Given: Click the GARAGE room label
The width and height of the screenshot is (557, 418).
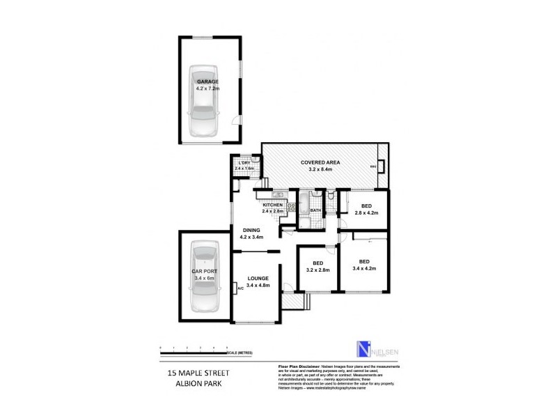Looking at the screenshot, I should [207, 82].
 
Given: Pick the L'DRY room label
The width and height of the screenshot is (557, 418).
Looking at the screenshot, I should [243, 163].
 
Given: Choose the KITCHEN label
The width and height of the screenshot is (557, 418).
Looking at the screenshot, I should [272, 205].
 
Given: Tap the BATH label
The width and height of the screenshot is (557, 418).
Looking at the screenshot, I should [315, 210].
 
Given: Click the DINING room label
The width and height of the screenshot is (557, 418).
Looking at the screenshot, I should [251, 231].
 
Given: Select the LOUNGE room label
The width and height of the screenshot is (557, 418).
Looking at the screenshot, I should [257, 279].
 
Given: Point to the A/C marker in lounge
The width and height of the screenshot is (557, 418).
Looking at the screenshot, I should [240, 288].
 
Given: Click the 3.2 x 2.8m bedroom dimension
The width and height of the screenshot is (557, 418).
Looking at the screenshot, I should [317, 270].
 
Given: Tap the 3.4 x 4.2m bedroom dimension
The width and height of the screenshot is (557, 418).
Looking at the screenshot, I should [364, 268].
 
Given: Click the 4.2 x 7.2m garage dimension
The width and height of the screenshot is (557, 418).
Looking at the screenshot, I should [207, 88].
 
